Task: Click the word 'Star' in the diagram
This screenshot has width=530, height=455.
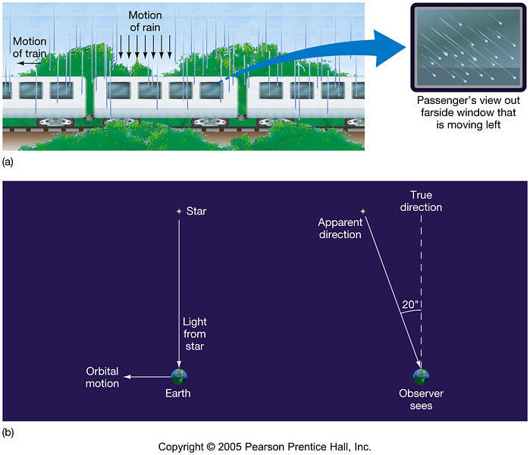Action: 196,212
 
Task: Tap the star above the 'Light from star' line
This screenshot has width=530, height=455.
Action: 178,211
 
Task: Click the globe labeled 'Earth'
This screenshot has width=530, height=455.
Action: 179,375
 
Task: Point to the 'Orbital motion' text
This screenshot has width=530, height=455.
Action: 102,378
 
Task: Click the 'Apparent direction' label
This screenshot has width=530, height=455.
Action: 340,228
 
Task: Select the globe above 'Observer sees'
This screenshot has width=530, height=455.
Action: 420,375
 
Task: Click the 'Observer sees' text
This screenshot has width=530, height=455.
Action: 421,400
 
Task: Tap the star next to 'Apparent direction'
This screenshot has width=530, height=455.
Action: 362,211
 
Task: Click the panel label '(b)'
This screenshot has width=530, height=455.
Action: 8,433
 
